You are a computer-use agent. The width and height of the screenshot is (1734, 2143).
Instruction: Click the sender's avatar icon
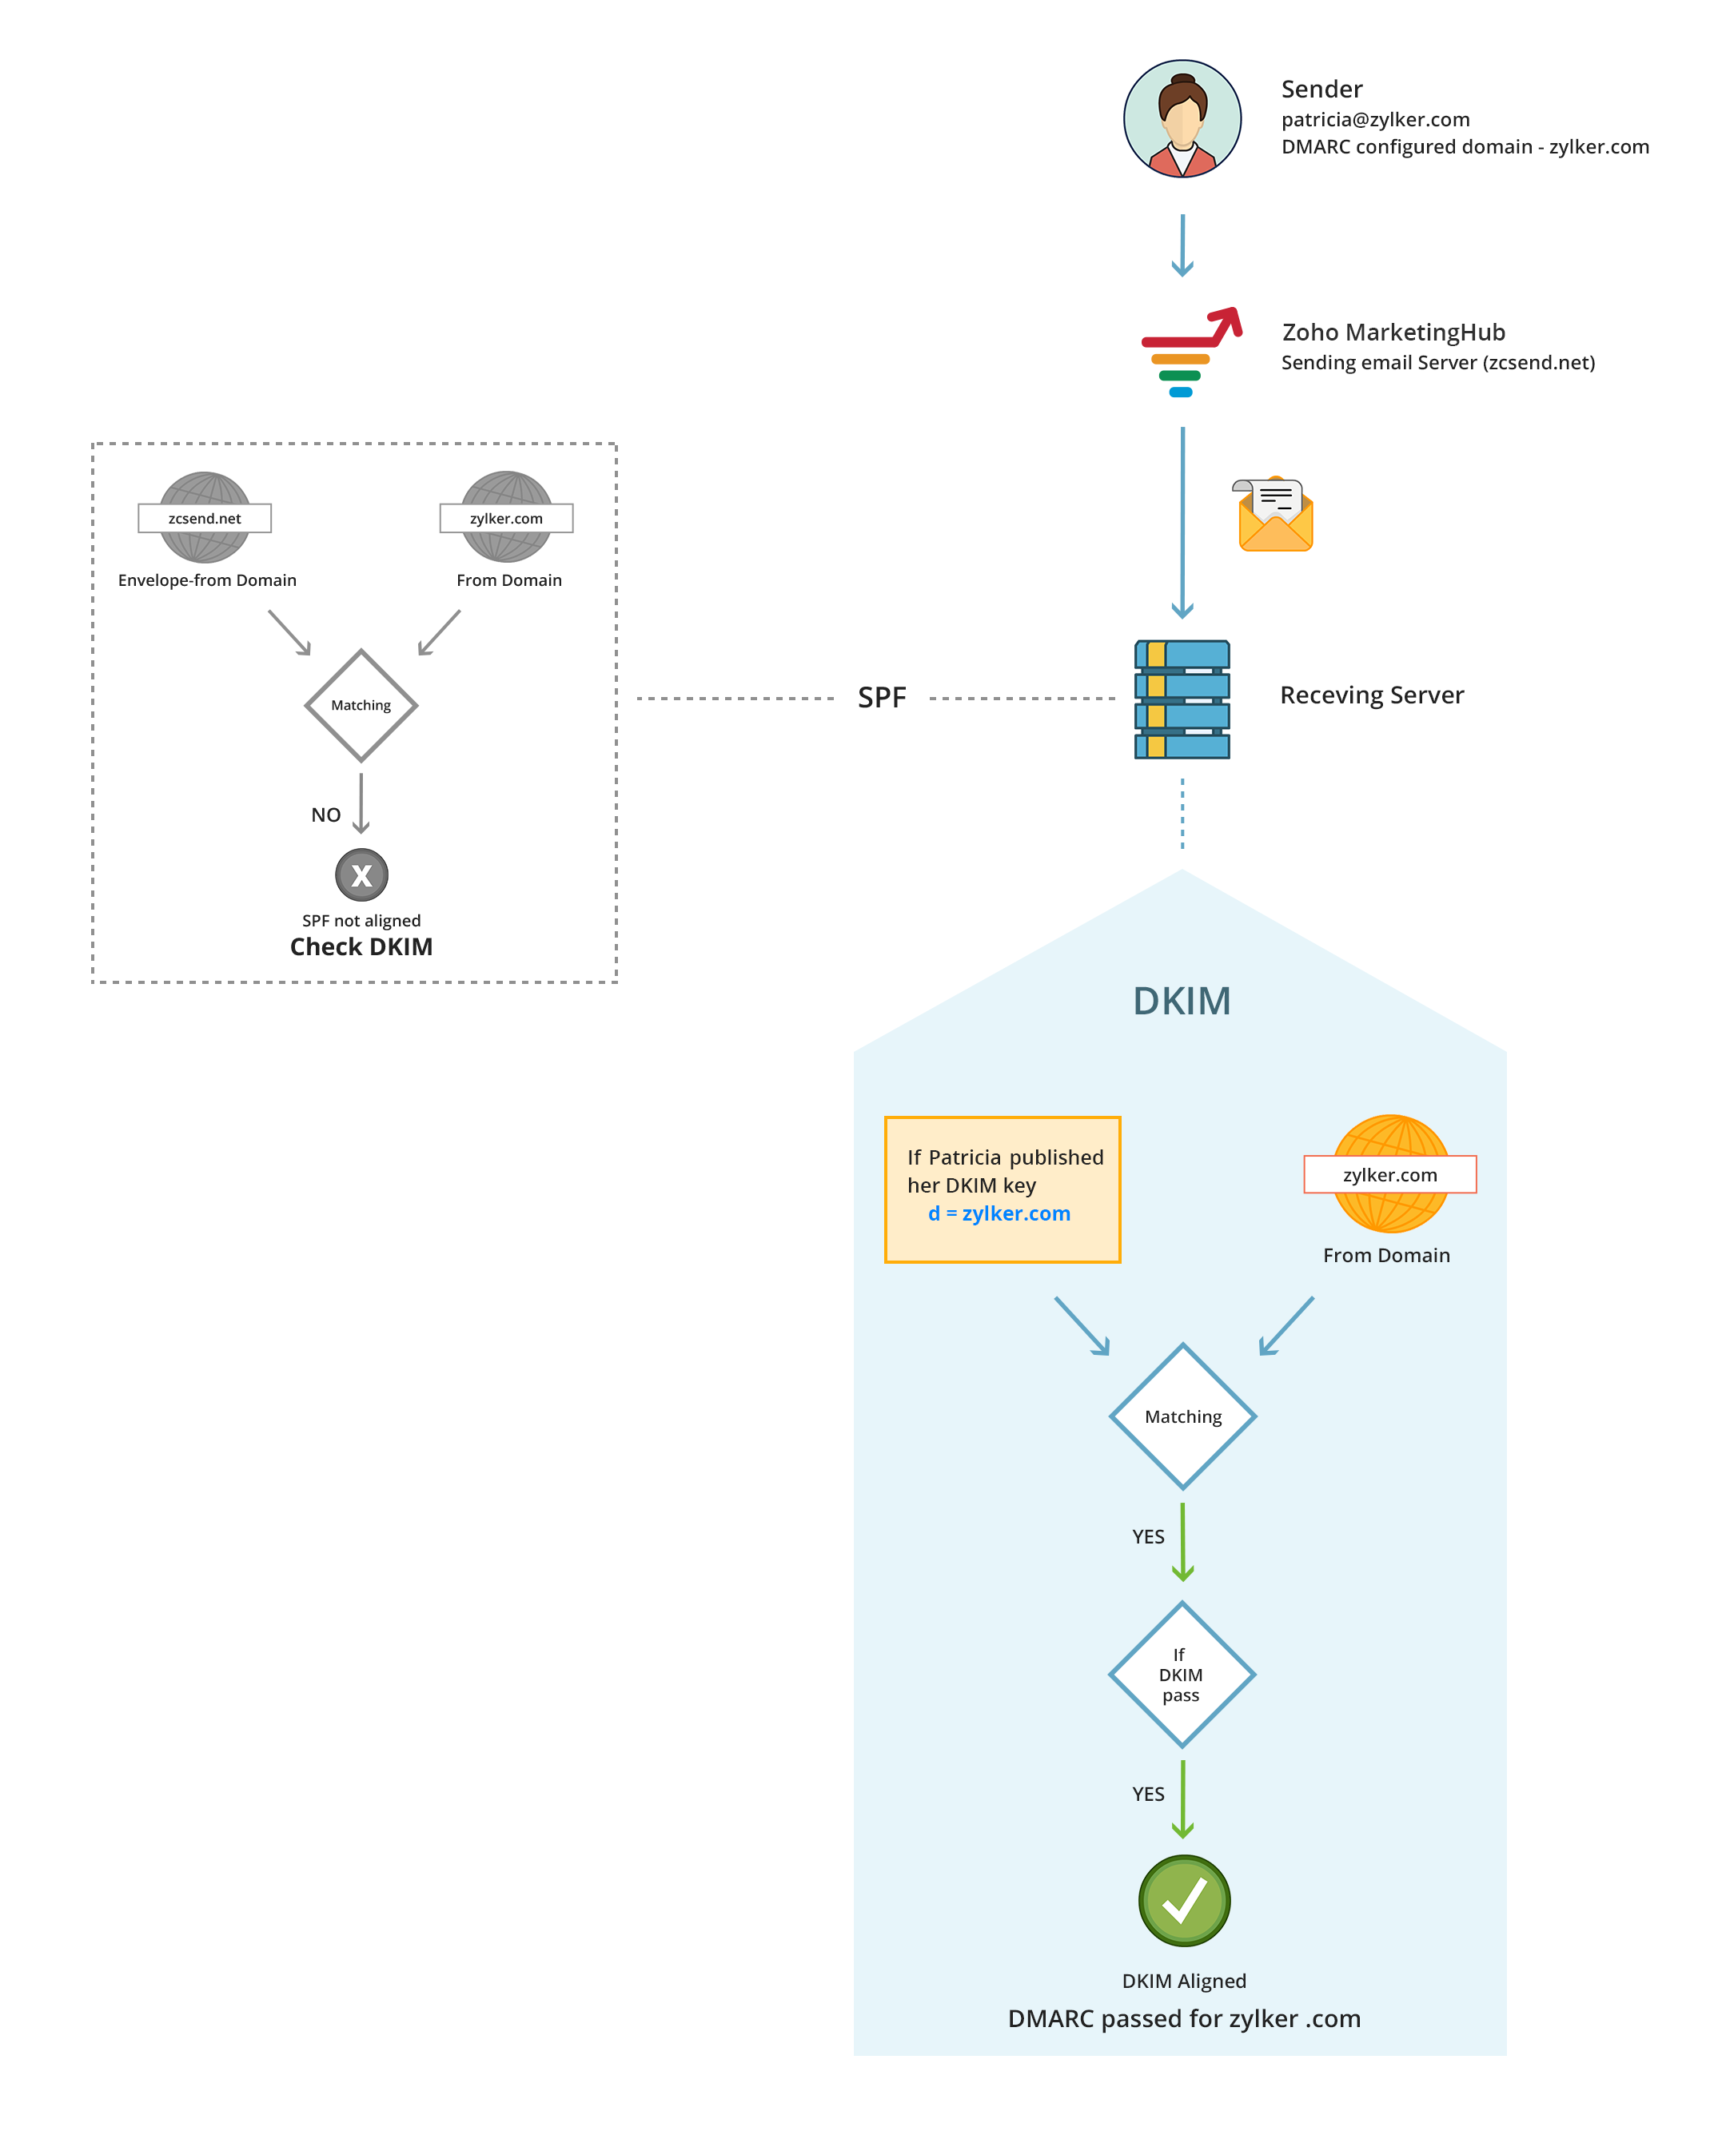pyautogui.click(x=1182, y=119)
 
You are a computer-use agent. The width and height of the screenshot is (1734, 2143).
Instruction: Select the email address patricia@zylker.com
pyautogui.click(x=1374, y=120)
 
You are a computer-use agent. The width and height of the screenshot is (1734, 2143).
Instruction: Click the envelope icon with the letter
pyautogui.click(x=1274, y=514)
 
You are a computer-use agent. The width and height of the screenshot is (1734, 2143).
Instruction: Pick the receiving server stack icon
pyautogui.click(x=1182, y=699)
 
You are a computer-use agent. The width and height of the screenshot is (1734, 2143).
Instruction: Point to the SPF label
pyautogui.click(x=881, y=698)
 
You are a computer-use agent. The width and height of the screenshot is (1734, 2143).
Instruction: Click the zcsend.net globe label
pyautogui.click(x=205, y=518)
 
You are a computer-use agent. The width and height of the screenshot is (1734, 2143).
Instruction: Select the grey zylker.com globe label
pyautogui.click(x=506, y=518)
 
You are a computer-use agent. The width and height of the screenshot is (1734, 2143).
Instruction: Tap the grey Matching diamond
pyautogui.click(x=361, y=706)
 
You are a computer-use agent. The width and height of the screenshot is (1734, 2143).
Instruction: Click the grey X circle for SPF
pyautogui.click(x=361, y=874)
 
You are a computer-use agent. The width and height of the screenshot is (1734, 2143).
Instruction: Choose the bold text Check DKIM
pyautogui.click(x=361, y=946)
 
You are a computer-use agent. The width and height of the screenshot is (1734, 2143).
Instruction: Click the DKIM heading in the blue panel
pyautogui.click(x=1181, y=1002)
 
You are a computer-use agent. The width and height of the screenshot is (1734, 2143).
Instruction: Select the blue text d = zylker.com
pyautogui.click(x=999, y=1213)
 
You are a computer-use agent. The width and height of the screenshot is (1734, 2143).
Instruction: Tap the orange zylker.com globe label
pyautogui.click(x=1389, y=1174)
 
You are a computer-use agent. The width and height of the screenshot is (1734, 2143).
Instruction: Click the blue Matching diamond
pyautogui.click(x=1182, y=1416)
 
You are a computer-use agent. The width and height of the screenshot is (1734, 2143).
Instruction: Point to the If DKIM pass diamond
pyautogui.click(x=1182, y=1675)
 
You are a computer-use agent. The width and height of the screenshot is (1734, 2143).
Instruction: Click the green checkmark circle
pyautogui.click(x=1184, y=1900)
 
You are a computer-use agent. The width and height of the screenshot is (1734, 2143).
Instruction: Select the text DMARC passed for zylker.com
pyautogui.click(x=1184, y=2018)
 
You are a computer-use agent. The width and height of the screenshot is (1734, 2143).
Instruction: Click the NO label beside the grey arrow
pyautogui.click(x=325, y=815)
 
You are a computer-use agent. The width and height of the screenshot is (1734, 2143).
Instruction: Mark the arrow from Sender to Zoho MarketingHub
pyautogui.click(x=1182, y=245)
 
